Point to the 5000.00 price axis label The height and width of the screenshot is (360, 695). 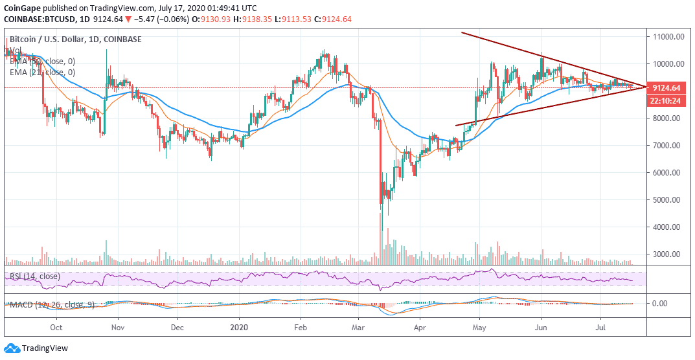point(669,199)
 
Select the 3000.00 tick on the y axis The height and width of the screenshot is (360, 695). point(669,254)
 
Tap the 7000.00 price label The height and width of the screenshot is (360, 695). point(669,145)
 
